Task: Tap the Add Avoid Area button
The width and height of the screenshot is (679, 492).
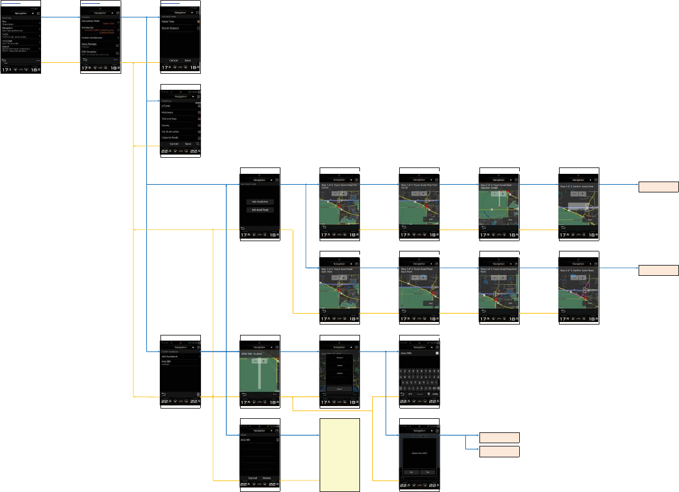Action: [259, 201]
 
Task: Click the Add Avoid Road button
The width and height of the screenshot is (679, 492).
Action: [259, 210]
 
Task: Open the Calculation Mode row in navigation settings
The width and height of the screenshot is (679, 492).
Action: [99, 21]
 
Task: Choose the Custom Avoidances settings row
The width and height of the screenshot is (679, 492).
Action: [99, 38]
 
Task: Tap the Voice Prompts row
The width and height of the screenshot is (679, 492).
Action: [99, 44]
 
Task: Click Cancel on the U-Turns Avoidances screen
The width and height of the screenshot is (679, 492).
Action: [173, 144]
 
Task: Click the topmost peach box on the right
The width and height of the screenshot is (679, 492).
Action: [658, 187]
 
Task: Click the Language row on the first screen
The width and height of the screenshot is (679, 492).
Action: [19, 41]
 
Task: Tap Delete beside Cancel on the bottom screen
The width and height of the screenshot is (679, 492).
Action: [266, 478]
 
